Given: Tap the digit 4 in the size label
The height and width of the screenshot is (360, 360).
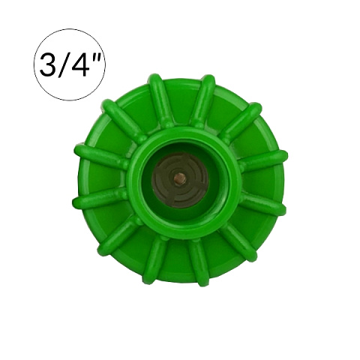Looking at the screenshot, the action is point(79,64).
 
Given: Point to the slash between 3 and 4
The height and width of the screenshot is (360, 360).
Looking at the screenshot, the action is point(63,64).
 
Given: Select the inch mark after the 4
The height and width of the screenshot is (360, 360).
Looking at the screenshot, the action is point(95,58).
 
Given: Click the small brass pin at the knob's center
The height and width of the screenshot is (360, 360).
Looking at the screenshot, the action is point(179,178).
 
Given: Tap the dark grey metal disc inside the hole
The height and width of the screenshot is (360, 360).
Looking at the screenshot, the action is point(179,179).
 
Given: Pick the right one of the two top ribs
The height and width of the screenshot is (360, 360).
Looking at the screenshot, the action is point(202,100).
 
